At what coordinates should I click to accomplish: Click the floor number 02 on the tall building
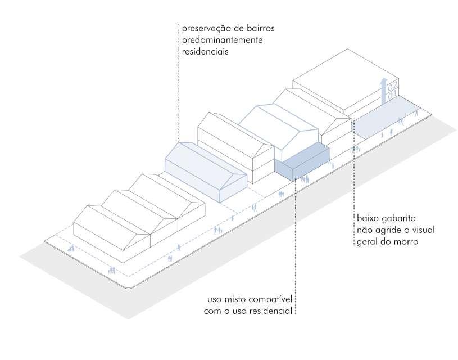pos(392,85)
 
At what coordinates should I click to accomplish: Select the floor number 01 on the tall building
pos(392,93)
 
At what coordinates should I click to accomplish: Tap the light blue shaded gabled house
pos(206,171)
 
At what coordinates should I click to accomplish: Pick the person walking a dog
pos(70,247)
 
